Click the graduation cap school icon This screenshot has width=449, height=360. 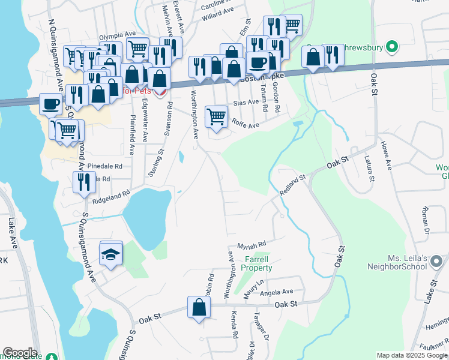pos(111,253)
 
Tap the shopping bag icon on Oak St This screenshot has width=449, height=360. pos(199,308)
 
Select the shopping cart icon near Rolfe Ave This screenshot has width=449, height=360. pos(216,116)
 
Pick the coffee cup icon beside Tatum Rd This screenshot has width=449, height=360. pos(258,62)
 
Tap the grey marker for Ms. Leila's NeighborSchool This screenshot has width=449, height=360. pos(436,261)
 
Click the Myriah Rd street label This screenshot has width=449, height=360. pos(251,245)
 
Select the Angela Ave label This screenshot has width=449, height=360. pos(277,292)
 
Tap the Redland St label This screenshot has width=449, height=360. pos(293,185)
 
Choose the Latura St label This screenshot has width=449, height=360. pos(369,168)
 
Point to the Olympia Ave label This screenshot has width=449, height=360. pos(117,35)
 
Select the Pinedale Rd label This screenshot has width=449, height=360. pos(104,166)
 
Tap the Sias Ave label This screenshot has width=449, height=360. pos(244,103)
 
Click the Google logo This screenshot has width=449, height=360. pos(20,353)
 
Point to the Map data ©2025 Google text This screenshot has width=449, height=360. pos(412,355)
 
